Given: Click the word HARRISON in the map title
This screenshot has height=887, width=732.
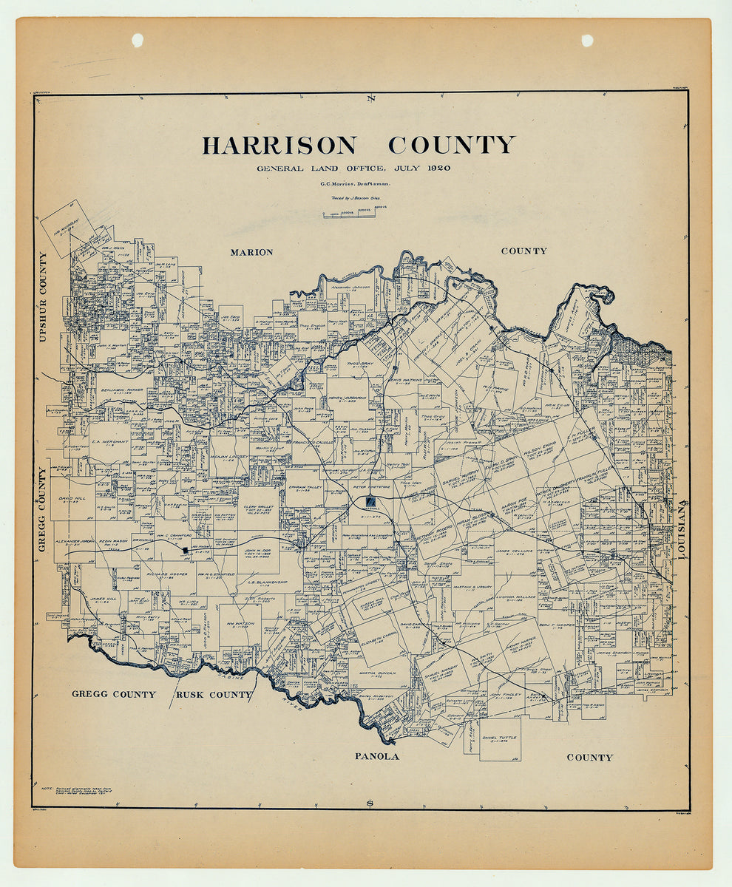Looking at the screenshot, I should [279, 145].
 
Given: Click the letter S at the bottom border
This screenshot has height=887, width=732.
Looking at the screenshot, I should [370, 803].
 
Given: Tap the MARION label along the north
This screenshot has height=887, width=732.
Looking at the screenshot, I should [251, 252].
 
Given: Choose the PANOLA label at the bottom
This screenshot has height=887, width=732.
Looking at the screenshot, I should [376, 756].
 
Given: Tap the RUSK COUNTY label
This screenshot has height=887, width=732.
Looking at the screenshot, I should [214, 695].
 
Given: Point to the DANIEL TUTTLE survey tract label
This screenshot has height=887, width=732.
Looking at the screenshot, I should [500, 738].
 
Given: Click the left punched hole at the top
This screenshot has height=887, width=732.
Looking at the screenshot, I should [138, 40].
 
